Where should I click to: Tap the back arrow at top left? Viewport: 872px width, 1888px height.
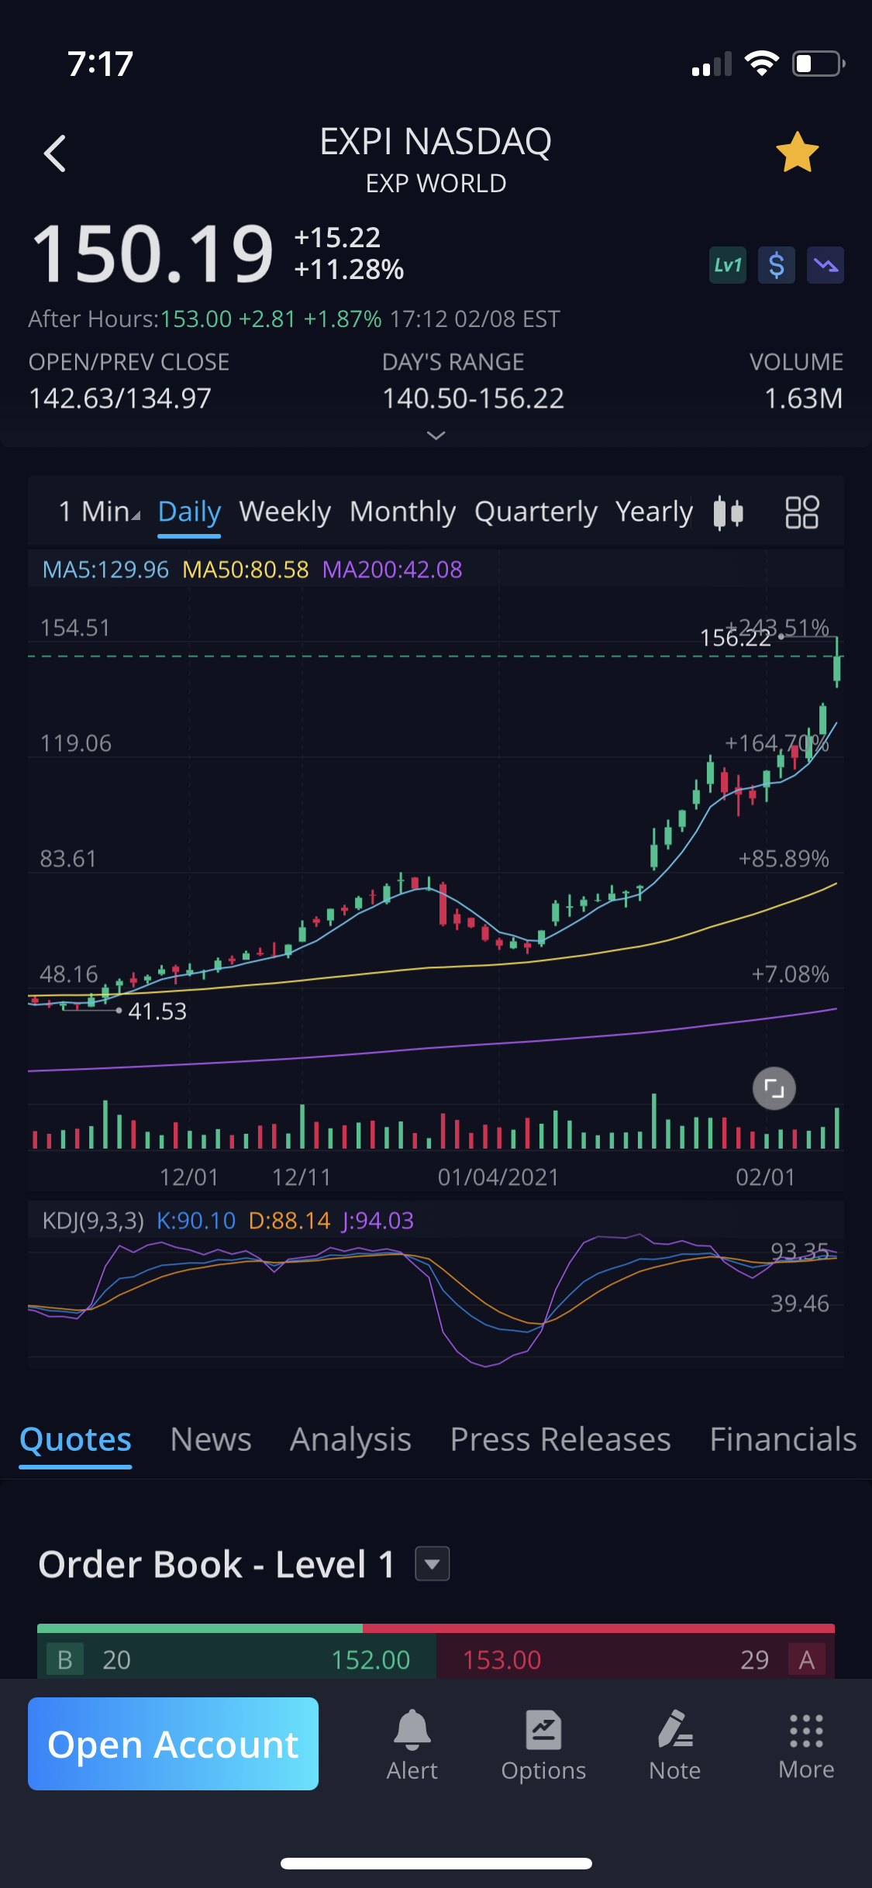[x=55, y=153]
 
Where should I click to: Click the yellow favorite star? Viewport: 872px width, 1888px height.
[x=797, y=152]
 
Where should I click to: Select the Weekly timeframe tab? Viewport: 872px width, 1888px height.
[x=284, y=512]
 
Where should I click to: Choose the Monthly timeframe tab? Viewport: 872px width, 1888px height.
[x=402, y=512]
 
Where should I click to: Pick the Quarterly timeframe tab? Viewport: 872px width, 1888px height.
[x=536, y=512]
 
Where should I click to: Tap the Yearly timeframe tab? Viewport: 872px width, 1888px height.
[x=653, y=512]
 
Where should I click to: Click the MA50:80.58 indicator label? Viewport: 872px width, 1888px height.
[x=245, y=570]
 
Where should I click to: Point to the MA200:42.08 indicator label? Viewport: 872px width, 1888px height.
[x=392, y=570]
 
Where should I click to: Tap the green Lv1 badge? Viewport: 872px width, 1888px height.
[x=727, y=266]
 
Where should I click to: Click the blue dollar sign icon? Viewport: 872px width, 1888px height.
[x=776, y=266]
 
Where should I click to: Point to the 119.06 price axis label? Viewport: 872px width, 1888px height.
[x=76, y=743]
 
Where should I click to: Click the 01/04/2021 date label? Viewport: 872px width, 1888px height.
[x=498, y=1177]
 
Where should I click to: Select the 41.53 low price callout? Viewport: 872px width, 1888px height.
[x=157, y=1011]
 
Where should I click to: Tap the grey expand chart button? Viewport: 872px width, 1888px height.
[x=774, y=1088]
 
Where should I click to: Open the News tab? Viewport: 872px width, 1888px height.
[x=211, y=1439]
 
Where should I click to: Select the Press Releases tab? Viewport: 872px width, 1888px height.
[x=560, y=1439]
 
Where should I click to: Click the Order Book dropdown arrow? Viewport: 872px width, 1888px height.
[x=433, y=1564]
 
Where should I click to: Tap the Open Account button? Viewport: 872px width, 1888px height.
[x=173, y=1744]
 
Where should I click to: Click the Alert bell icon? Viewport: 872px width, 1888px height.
[x=412, y=1730]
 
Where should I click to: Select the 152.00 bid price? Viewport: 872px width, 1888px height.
[x=371, y=1660]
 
